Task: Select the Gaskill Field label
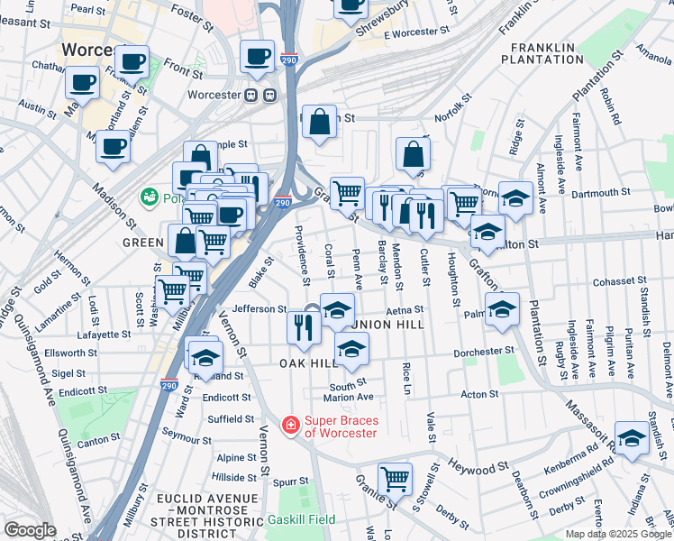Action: coord(301,519)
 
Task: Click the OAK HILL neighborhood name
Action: coord(307,362)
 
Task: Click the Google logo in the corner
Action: coord(30,530)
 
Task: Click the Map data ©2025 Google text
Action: coord(617,534)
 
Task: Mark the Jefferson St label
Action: coord(260,308)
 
